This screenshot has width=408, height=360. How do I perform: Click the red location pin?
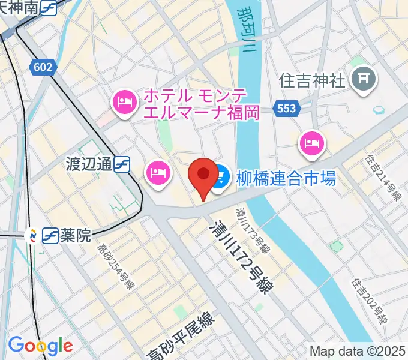203,176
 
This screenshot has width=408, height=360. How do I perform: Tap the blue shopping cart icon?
218,176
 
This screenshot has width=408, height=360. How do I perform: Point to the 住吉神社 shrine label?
312,79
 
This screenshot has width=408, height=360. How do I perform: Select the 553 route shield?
287,108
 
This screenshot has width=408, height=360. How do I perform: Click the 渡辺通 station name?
89,164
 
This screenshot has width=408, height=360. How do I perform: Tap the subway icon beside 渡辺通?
123,164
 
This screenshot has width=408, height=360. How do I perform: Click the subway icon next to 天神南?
50,8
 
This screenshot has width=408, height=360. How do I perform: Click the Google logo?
40,346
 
